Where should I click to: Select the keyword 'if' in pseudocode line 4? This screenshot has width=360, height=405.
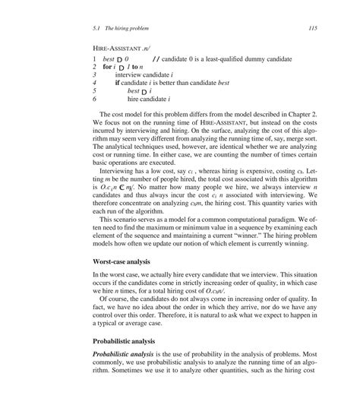click(x=118, y=83)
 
